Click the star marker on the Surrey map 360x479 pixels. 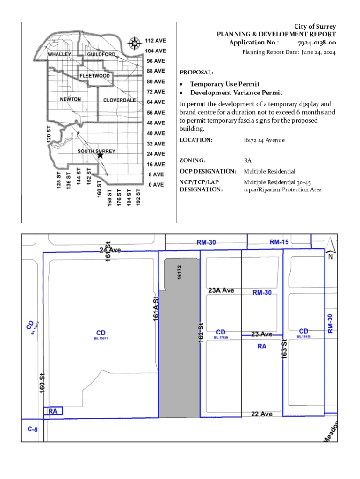100,155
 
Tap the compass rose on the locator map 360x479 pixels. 135,44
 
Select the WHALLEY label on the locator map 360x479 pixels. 59,54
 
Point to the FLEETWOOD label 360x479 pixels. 95,76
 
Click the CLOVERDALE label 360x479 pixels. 120,100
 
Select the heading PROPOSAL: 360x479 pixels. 196,73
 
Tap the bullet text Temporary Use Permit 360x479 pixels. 224,84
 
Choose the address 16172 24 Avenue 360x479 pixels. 264,140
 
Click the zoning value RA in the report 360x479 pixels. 248,160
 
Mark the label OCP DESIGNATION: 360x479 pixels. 208,171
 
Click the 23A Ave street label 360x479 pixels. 221,290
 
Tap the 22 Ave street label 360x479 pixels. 261,414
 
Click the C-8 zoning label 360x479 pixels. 32,428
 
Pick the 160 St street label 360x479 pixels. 42,383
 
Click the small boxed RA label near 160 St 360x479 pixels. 53,411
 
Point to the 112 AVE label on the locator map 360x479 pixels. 155,41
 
